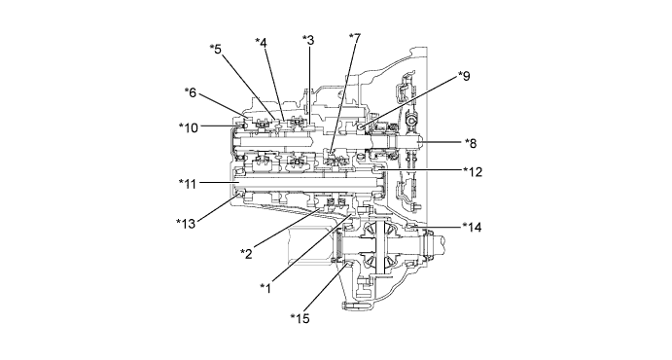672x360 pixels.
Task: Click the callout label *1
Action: pos(265,288)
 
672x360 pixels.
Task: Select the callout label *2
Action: pos(246,254)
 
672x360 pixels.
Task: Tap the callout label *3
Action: pos(308,40)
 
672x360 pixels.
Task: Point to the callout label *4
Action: pos(261,43)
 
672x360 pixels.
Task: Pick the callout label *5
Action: pos(216,49)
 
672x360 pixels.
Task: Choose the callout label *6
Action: pos(191,92)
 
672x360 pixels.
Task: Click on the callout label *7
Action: pos(355,39)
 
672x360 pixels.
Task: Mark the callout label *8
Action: pos(471,143)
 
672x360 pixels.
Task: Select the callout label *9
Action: pos(464,76)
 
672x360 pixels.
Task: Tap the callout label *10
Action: pos(189,127)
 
